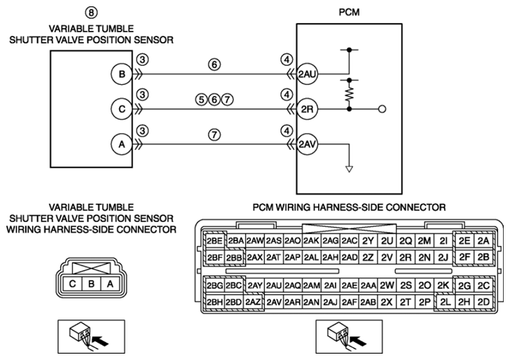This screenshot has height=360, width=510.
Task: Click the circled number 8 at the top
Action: click(91, 13)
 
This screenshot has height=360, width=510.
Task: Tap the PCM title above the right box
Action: click(349, 12)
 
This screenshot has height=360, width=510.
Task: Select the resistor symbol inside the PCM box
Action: click(349, 95)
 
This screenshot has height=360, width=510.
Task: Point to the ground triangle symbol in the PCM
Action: click(349, 169)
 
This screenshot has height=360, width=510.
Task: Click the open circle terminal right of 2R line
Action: click(382, 109)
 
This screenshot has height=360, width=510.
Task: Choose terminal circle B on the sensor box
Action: click(122, 74)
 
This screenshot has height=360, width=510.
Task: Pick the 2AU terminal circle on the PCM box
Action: click(307, 74)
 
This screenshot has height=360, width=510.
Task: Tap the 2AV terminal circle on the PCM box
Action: click(307, 144)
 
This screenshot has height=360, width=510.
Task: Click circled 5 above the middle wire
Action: click(202, 99)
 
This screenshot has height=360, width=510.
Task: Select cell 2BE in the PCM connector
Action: click(214, 241)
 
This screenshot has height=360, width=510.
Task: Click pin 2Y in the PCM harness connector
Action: click(368, 241)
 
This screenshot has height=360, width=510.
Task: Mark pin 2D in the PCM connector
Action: click(483, 302)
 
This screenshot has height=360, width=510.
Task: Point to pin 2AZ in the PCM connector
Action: click(253, 302)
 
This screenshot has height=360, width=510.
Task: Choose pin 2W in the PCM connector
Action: click(387, 286)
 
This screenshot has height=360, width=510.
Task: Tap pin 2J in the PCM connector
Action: click(443, 258)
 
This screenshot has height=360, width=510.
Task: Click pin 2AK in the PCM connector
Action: click(311, 241)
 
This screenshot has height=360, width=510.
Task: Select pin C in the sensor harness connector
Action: click(72, 284)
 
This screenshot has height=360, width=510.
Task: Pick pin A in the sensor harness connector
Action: click(110, 284)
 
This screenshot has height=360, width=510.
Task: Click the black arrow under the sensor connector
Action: click(100, 341)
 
